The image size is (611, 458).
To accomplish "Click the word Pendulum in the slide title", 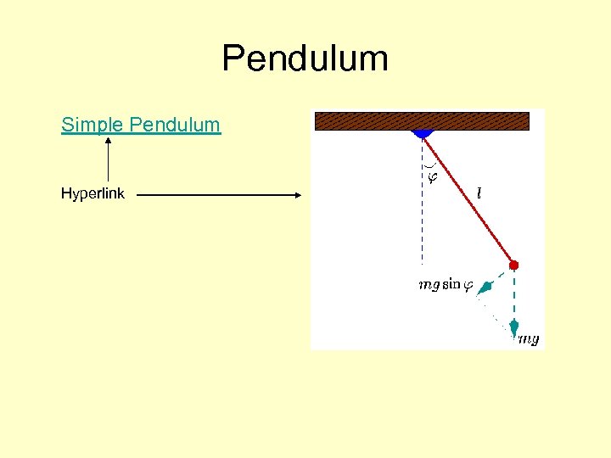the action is (305, 59).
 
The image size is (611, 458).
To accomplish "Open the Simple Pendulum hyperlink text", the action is (141, 125).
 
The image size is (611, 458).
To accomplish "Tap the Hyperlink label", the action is (92, 193).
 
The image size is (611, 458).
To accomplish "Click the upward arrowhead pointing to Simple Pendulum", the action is (108, 142).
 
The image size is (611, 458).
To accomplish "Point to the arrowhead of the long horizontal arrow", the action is (298, 194).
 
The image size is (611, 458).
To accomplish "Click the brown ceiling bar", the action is (422, 120).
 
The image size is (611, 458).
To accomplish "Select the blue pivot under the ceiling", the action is (422, 134).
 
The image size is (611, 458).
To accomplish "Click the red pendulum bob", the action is (513, 265).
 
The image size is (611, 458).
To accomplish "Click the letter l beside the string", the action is (479, 193).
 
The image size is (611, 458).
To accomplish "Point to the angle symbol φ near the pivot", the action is (432, 177).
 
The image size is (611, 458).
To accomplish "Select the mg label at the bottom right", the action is (528, 339).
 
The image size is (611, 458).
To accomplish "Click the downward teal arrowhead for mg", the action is (513, 327).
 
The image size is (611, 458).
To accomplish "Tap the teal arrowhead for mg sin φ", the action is (483, 290).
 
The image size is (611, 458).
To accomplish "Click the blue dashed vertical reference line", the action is (422, 221).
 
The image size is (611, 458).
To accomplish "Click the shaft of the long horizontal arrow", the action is (212, 194).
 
